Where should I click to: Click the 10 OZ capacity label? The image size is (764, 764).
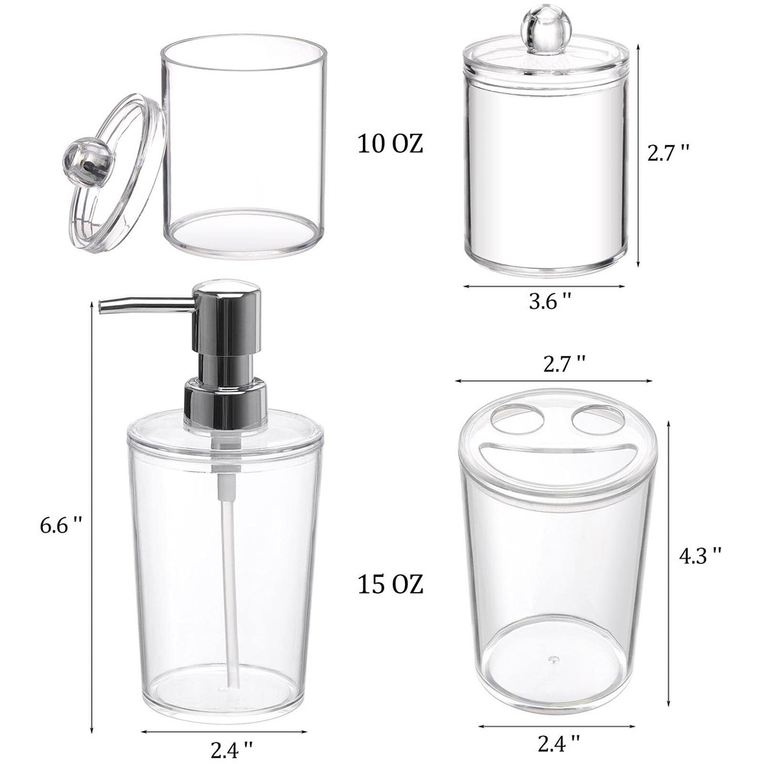[390, 144]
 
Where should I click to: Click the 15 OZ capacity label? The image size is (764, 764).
[390, 584]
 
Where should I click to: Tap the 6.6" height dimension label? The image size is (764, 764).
[61, 526]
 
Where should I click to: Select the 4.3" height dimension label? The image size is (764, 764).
[700, 555]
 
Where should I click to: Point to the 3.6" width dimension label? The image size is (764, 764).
[550, 301]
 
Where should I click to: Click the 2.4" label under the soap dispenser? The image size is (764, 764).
[232, 749]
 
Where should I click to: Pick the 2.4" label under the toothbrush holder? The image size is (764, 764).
[559, 743]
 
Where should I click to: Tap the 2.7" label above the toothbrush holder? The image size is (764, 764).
[565, 364]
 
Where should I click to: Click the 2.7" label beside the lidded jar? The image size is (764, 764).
[668, 153]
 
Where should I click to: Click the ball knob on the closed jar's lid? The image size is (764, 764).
[539, 23]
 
